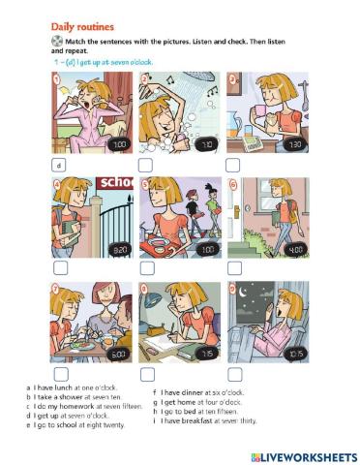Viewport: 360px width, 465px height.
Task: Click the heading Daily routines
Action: coord(82,27)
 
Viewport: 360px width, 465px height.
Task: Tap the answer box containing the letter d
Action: coord(58,166)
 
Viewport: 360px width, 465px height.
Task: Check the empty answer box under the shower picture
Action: coord(145,166)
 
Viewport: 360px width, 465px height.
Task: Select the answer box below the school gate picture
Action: coord(60,267)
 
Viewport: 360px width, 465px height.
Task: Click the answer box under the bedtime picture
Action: coord(235,374)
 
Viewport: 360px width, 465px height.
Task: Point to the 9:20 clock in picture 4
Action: coord(120,250)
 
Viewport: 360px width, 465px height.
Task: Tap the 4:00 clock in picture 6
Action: coord(295,250)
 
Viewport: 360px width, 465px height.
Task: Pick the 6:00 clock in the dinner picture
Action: coord(118,355)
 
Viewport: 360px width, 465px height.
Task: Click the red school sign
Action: coord(115,183)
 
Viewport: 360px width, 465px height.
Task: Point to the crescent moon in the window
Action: coord(242,293)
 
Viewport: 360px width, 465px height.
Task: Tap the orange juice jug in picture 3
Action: coord(235,124)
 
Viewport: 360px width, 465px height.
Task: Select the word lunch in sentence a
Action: coord(63,387)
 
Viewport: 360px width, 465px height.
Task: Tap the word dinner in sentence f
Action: coord(193,392)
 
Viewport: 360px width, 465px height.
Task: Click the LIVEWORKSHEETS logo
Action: coord(304,457)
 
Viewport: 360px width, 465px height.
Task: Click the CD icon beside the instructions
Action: coord(57,41)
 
